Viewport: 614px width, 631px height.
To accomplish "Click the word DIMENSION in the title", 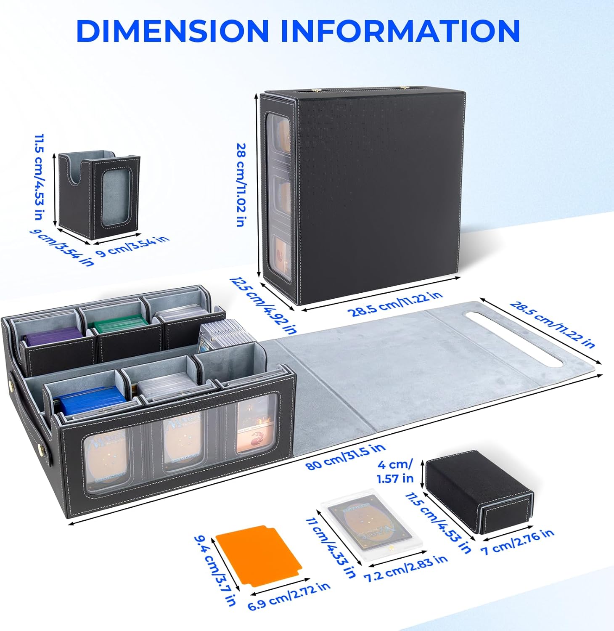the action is (x=172, y=30).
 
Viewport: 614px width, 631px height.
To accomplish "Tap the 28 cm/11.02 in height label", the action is (x=241, y=185).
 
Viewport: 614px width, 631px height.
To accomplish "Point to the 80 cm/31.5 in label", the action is (x=345, y=457).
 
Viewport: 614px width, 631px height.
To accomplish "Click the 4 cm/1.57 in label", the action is (x=395, y=471).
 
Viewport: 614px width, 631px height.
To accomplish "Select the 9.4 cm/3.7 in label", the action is (x=214, y=570).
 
